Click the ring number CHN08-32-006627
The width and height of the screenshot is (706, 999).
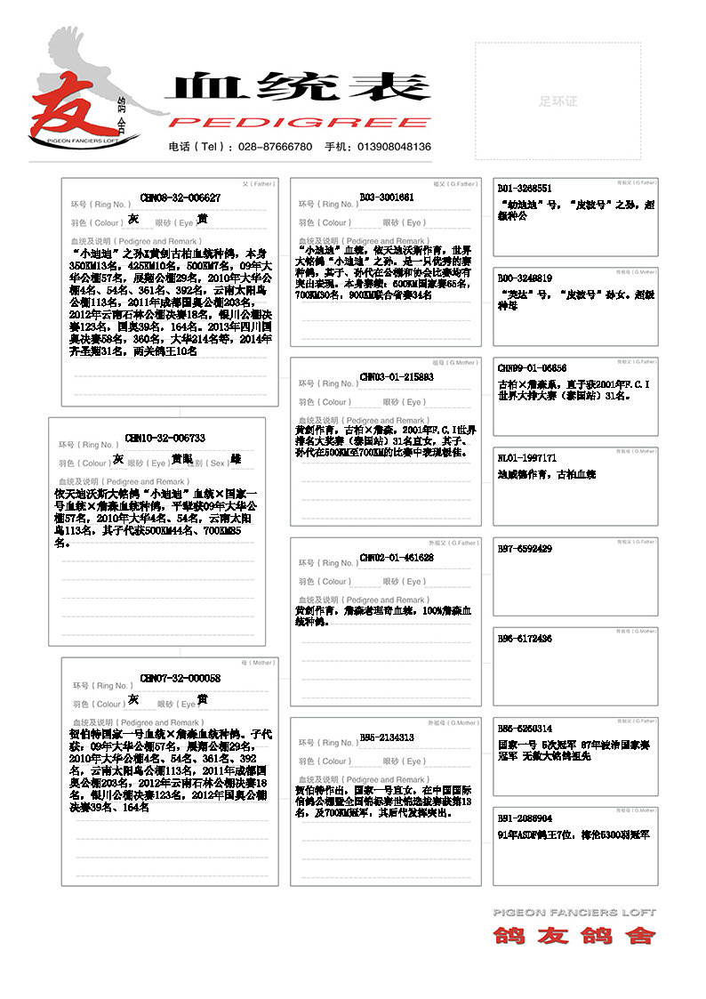181,197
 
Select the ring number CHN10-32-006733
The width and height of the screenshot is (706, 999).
165,438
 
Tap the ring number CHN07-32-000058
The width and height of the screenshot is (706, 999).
181,678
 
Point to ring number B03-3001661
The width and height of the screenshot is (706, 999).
387,197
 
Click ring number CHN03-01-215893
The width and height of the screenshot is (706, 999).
397,376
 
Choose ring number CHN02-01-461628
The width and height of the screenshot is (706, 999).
397,557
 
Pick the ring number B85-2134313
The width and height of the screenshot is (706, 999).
387,737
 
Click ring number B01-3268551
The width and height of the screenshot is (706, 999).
525,189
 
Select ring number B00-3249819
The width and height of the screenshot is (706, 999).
525,278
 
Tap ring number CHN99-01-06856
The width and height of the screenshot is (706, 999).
532,367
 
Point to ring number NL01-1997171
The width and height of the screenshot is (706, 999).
527,457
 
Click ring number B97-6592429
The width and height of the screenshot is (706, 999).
525,549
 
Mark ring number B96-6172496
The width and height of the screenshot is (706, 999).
525,638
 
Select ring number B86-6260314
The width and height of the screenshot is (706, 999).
525,728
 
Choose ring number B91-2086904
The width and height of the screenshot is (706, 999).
525,818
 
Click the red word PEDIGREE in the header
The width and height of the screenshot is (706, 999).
300,122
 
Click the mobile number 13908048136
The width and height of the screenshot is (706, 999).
394,147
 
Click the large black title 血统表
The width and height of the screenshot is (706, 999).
298,87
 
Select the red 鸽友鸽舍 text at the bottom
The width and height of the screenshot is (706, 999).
574,935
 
